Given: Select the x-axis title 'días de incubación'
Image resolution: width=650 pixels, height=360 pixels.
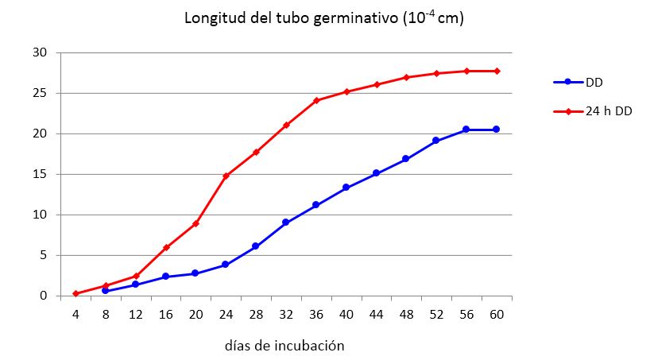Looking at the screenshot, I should [284, 346].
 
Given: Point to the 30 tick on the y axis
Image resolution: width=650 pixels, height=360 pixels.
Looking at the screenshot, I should [40, 52].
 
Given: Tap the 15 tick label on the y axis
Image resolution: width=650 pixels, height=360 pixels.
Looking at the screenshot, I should [40, 174].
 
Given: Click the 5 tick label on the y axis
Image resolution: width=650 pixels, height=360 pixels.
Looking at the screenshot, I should [43, 255].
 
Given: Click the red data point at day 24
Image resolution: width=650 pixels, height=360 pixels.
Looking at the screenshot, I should [226, 176].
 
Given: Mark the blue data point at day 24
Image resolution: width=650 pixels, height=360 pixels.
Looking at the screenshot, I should [226, 265].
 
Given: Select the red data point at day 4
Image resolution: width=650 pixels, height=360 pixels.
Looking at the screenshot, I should [75, 293].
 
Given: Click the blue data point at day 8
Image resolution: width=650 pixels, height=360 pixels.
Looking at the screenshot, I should [106, 291].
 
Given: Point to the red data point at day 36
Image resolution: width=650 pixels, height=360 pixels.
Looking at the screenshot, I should [316, 100].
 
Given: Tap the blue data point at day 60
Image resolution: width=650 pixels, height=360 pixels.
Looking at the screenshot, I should [497, 130].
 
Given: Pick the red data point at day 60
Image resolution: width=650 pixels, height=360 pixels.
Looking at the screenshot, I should [497, 71].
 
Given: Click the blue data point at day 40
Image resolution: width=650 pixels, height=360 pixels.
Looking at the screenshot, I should [346, 188].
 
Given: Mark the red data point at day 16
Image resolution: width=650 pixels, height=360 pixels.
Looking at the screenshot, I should [166, 247].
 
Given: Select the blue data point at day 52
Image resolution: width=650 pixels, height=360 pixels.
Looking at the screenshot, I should [436, 141].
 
